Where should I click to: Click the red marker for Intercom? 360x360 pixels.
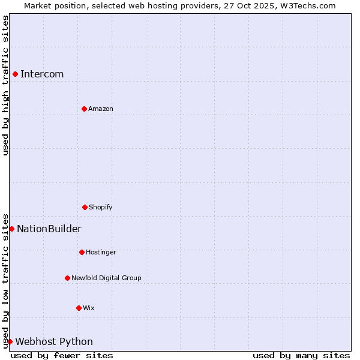point(15,74)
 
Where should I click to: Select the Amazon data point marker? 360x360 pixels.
point(84,109)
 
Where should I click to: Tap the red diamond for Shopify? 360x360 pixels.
point(85,207)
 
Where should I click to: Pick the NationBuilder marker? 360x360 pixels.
point(11,229)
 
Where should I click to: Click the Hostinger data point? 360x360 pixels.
point(82,252)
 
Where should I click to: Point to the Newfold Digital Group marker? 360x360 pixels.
point(67,278)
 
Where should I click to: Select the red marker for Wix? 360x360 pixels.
point(79,308)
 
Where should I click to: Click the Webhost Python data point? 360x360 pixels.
point(10,341)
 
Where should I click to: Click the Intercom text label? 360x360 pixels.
point(42,74)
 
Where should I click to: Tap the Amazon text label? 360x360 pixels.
point(101,109)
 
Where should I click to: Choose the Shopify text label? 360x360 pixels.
point(101,208)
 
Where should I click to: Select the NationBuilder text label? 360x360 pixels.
point(49,229)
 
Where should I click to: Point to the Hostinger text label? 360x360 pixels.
point(101,253)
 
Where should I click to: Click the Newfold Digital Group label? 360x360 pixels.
point(106,278)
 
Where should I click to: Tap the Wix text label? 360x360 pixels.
point(89,308)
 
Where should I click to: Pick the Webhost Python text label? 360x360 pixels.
point(54,342)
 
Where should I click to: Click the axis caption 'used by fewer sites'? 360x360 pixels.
point(62,355)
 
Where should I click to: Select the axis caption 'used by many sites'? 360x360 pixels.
point(301,355)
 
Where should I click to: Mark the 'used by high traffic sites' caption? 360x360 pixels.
point(5,85)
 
